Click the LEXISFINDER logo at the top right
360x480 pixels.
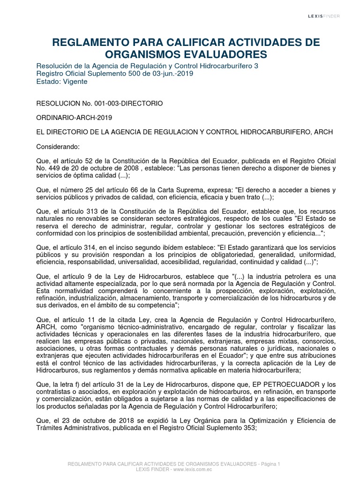[x=323, y=16]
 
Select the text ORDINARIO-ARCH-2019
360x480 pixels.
[x=74, y=118]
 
